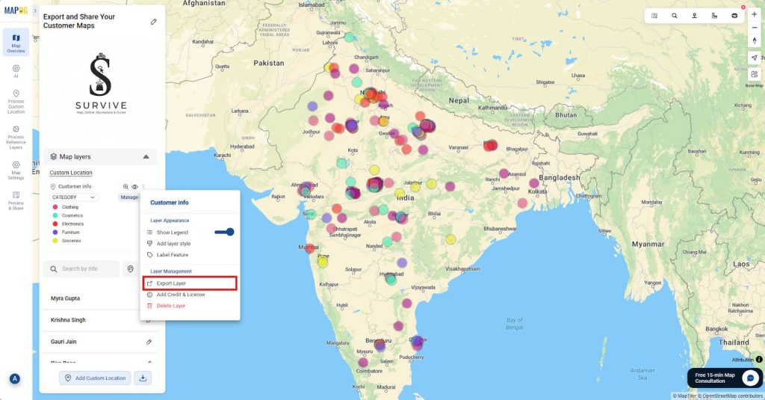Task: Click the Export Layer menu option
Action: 171,283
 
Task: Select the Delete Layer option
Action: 170,306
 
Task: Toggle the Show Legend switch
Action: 224,232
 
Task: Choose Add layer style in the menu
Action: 173,244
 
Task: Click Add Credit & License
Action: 180,295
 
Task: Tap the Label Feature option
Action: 172,255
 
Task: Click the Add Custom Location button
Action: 95,378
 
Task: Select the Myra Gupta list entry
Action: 65,298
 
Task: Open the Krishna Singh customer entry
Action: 68,320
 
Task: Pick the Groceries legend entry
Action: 71,241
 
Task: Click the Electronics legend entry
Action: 72,224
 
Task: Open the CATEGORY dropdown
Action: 73,197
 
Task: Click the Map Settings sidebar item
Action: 16,170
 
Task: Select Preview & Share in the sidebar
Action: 16,200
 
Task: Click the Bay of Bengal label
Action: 514,324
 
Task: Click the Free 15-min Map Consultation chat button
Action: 724,378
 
